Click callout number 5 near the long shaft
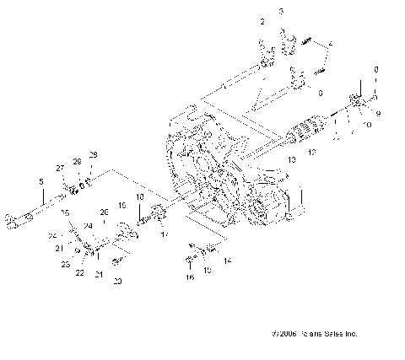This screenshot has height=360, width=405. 40,181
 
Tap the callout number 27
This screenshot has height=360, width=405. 61,169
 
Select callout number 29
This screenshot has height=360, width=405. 94,154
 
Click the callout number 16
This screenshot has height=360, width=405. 190,277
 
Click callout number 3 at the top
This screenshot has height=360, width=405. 282,11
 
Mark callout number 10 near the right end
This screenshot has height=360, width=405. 367,125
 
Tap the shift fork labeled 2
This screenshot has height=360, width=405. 266,56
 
